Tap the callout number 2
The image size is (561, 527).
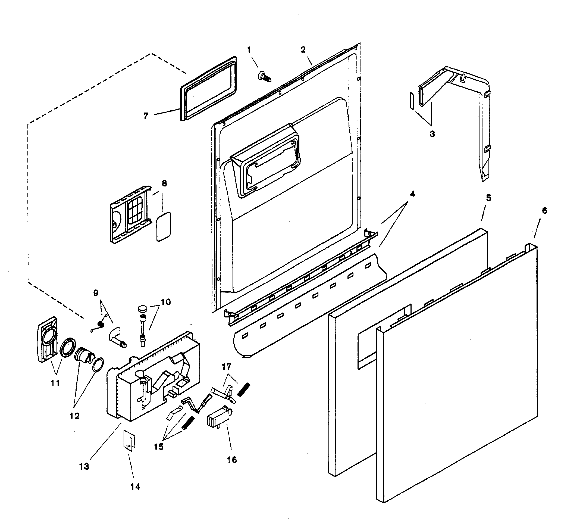pos(303,50)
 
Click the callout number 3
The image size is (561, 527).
pos(432,134)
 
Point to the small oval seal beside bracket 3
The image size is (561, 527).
pos(411,101)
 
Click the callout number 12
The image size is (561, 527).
pos(74,416)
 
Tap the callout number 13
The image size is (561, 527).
pos(84,466)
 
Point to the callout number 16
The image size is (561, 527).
pos(232,460)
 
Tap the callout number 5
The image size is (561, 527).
pos(488,198)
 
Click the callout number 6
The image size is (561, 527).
pos(544,211)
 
